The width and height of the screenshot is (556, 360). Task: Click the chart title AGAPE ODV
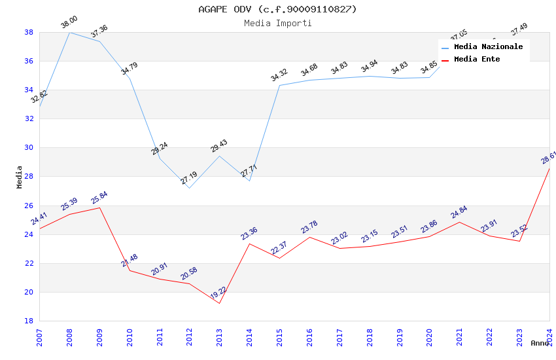coord(277,9)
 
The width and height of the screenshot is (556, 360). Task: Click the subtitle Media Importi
coord(277,23)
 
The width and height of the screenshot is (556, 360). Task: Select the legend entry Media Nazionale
coord(488,46)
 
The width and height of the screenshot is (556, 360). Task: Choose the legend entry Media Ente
coord(477,59)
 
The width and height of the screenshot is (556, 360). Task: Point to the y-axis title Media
coord(19,177)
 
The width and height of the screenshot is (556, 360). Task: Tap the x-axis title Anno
coord(540,343)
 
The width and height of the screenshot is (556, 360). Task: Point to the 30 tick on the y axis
coord(29,148)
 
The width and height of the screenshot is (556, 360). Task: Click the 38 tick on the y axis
coord(29,32)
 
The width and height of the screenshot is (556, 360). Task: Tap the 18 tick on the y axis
coord(29,321)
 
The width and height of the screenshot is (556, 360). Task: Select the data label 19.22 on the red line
coord(218,294)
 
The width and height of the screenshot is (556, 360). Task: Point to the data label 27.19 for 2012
coord(189,177)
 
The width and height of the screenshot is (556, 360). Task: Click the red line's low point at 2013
coord(219,303)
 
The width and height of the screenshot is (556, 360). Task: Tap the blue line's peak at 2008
coord(69,32)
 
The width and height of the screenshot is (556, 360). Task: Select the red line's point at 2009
coord(99,207)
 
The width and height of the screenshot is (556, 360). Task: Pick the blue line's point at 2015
coord(279,85)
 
